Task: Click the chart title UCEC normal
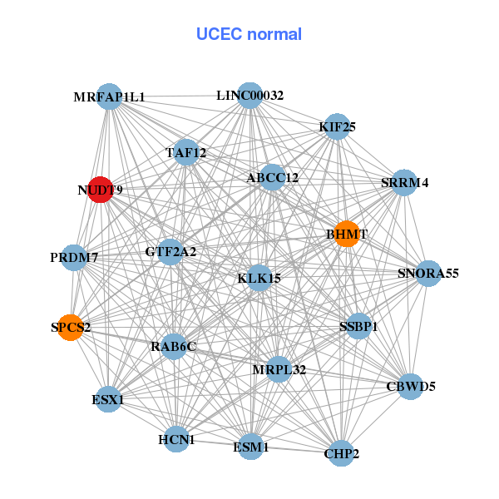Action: coord(249,34)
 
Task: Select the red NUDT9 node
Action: coord(101,190)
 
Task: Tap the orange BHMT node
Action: coord(347,234)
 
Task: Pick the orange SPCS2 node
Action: coord(71,327)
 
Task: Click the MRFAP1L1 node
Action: coord(109,96)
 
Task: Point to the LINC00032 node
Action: coord(249,95)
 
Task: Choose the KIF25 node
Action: coord(336,126)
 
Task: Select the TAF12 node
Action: coord(185,152)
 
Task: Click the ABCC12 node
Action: coord(272,177)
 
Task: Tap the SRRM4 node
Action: coord(404,183)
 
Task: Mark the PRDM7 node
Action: coord(74,257)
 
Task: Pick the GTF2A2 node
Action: coord(170,251)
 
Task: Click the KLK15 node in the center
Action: coord(259,278)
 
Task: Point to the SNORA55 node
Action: coord(427,273)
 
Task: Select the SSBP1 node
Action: coord(358,326)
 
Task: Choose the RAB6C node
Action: coord(173,346)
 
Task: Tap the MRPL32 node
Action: coord(279,369)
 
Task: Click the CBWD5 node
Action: coord(410,386)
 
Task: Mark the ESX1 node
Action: coord(108,399)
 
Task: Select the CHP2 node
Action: coord(340,453)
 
